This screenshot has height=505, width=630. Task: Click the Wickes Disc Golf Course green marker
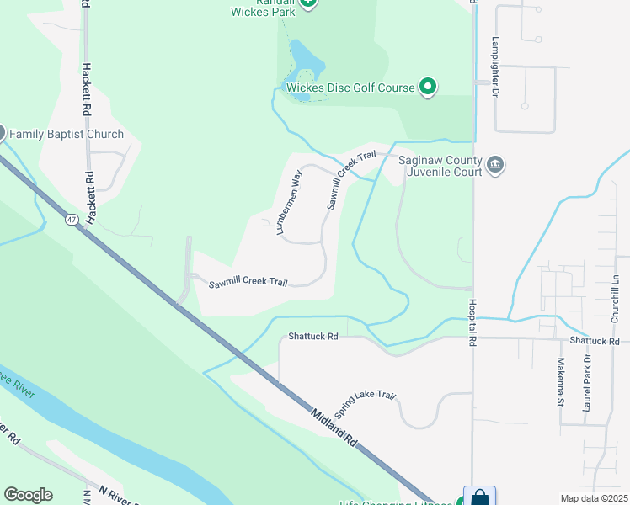click(428, 88)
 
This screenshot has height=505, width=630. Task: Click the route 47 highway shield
click(72, 220)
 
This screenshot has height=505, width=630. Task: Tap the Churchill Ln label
click(616, 299)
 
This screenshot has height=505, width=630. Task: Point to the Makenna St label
click(559, 382)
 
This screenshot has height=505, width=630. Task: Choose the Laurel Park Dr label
click(588, 382)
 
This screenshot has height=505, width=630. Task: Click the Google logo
click(28, 494)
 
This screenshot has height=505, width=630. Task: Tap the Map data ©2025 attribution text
click(594, 498)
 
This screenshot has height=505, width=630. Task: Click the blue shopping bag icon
click(479, 497)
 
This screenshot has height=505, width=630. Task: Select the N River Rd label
click(118, 497)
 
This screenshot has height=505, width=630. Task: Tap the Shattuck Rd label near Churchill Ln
click(594, 341)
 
